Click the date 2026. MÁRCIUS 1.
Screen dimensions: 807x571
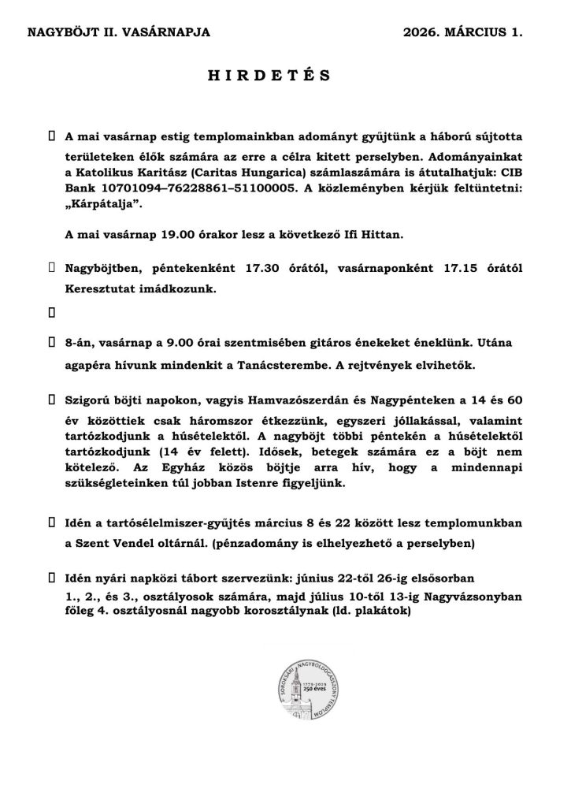point(462,32)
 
